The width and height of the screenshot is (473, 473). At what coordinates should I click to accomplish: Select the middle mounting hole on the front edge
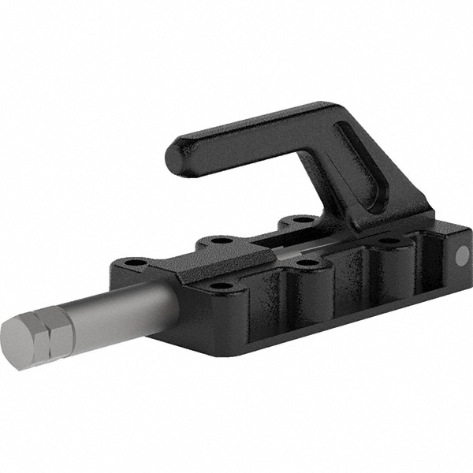pos(310,263)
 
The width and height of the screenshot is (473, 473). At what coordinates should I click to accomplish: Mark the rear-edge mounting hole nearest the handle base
pos(300,220)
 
